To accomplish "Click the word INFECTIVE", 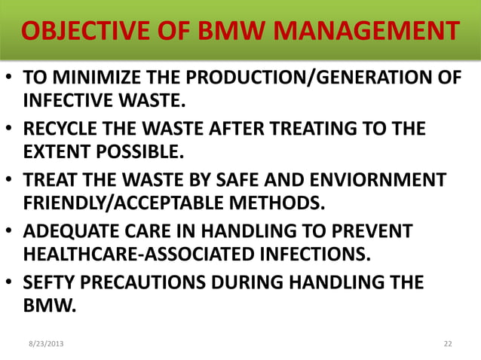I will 69,99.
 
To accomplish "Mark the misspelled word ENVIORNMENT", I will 381,180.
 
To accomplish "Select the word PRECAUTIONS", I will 142,282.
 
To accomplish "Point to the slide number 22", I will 448,343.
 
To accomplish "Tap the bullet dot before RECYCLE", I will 10,130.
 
